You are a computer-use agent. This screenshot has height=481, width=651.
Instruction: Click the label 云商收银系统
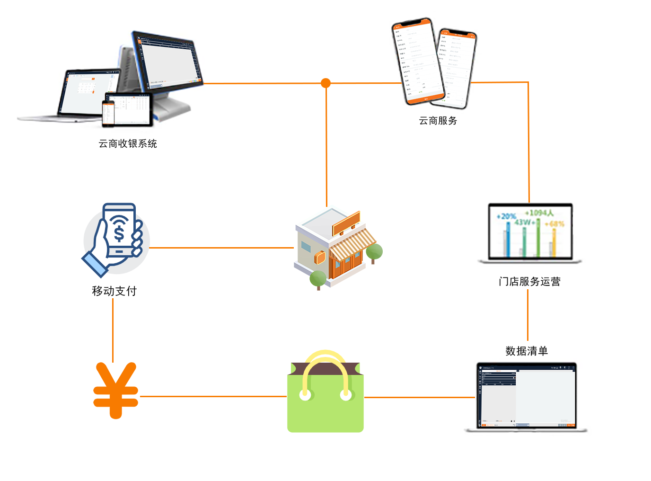coord(128,143)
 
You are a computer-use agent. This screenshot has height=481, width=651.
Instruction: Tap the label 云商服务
coord(438,121)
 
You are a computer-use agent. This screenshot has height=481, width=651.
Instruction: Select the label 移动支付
coord(114,291)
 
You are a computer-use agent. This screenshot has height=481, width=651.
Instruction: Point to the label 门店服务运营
coord(529,282)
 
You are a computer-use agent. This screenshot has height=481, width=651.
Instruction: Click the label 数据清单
coord(527,351)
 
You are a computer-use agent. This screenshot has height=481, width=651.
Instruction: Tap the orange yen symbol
coord(116,391)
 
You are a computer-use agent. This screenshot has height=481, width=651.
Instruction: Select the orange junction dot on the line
coord(325,83)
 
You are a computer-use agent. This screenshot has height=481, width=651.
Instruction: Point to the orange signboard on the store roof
coord(346,223)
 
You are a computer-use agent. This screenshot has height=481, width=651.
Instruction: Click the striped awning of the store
coord(352,244)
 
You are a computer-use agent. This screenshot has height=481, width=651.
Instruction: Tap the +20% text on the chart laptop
coord(506,216)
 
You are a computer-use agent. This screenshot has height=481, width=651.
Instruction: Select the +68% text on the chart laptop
coord(554,223)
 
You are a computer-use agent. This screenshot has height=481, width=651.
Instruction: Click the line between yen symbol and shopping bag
coord(213,396)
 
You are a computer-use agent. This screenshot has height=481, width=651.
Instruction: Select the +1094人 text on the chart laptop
coord(539,213)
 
